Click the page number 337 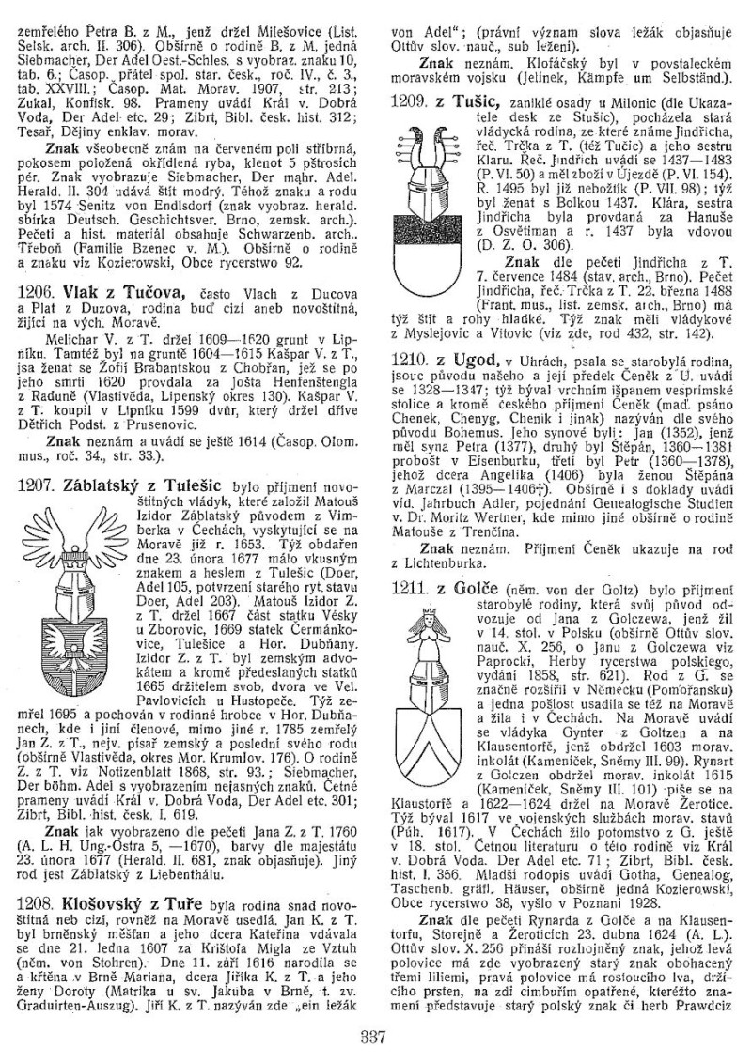pos(375,1037)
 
